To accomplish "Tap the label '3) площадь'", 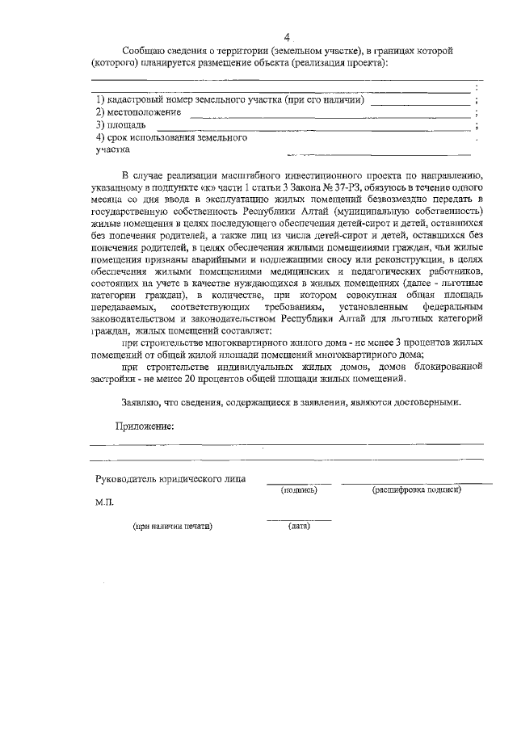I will (x=121, y=125).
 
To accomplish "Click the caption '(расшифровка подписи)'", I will (x=416, y=490).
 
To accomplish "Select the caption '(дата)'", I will (x=298, y=527).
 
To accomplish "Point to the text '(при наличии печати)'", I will (x=173, y=527).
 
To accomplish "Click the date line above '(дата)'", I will (x=298, y=520).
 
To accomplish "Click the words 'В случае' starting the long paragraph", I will (x=143, y=174).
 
